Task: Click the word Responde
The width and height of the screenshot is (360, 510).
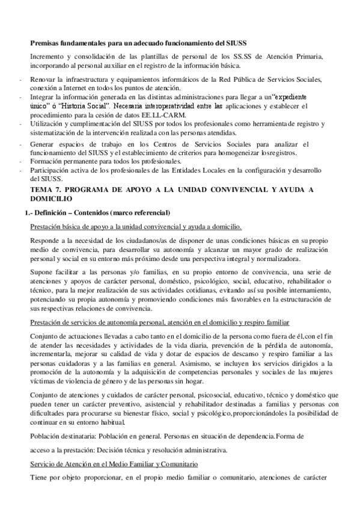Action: coord(46,239)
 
